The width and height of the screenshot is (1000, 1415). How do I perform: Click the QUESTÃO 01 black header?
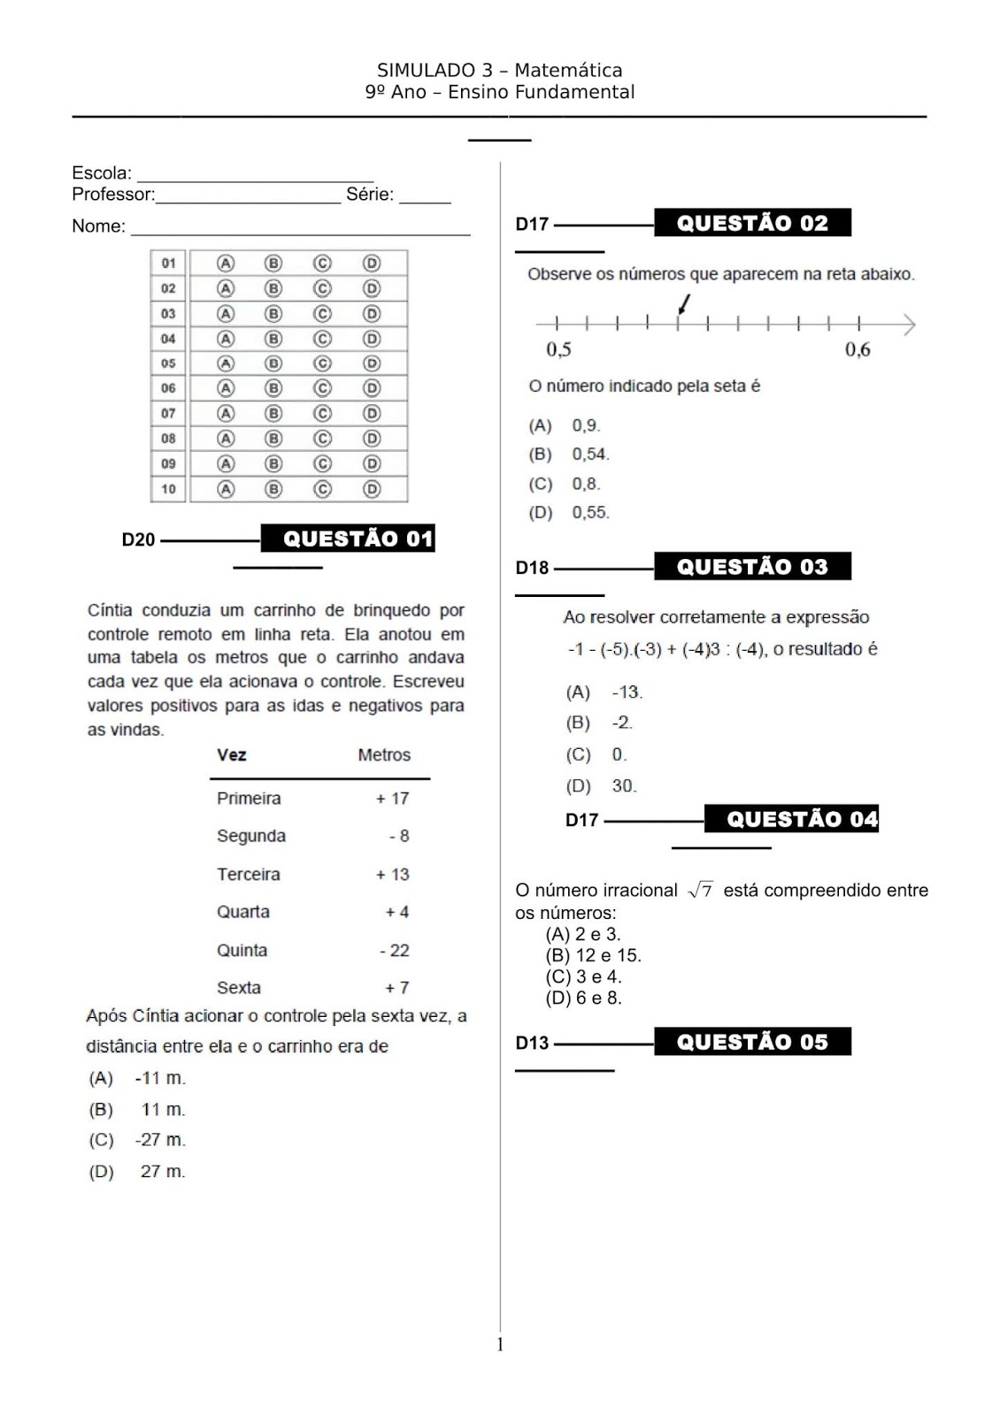tap(348, 539)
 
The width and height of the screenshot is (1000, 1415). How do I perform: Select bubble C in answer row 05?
tap(322, 363)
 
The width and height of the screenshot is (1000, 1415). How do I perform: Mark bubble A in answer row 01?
tap(227, 263)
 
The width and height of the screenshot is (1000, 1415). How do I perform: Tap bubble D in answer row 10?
tap(372, 489)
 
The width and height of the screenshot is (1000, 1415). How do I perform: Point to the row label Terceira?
tap(249, 875)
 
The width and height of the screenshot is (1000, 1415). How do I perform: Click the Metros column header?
tap(384, 755)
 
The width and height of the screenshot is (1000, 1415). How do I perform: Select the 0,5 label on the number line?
tap(558, 349)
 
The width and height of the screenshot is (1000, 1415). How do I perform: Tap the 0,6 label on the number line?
tap(858, 349)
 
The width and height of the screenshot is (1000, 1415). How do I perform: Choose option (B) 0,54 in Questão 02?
tap(569, 455)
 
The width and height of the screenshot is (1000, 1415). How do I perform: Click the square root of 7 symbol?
tap(700, 891)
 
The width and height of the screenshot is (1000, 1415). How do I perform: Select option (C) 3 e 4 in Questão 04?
tap(583, 977)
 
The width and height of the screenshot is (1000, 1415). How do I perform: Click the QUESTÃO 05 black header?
tap(752, 1042)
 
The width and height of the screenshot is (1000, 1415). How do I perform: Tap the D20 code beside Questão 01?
tap(138, 539)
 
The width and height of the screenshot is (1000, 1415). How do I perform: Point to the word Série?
tap(369, 195)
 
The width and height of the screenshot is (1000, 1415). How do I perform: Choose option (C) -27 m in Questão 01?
tap(137, 1141)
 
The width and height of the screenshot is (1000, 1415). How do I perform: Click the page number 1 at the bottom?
tap(500, 1345)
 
